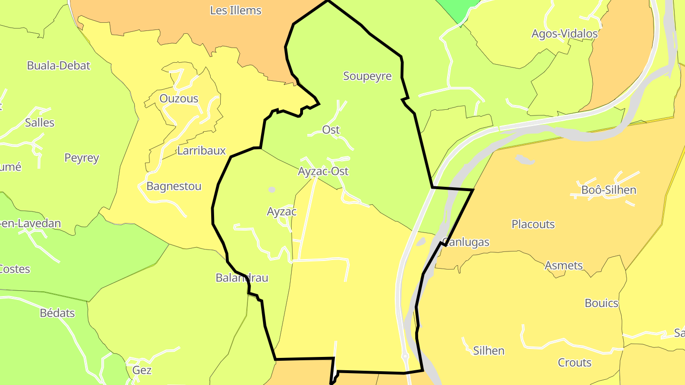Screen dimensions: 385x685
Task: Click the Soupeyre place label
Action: point(367,76)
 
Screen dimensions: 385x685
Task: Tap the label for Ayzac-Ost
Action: point(323,171)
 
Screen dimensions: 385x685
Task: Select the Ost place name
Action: point(331,129)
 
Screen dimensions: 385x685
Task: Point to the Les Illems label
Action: point(235,10)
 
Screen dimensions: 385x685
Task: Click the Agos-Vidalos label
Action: point(564,34)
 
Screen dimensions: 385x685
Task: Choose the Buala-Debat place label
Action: point(59,66)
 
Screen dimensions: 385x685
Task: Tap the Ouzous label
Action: point(179,98)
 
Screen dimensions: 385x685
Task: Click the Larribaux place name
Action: point(201,151)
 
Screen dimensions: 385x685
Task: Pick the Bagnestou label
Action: point(174,186)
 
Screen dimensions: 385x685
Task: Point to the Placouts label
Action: point(533,224)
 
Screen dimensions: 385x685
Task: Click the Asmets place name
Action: point(564,265)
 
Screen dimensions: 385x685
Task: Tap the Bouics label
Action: point(601,303)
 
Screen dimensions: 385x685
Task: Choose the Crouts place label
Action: point(574,363)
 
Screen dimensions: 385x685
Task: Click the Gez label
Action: point(142,370)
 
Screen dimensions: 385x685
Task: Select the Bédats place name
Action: point(57,313)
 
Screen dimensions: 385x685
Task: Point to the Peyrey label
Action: point(81,158)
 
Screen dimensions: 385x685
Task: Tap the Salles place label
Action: point(39,123)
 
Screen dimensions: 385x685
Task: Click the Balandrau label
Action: point(242,278)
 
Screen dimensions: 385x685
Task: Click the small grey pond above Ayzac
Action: point(272,190)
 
